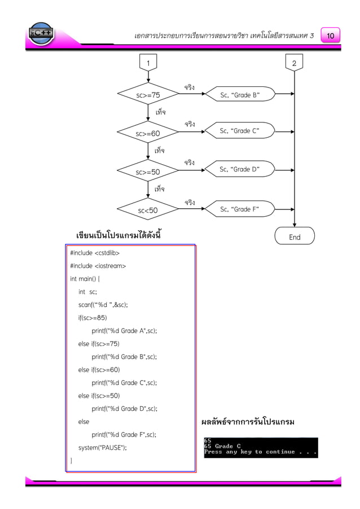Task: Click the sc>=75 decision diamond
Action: [148, 95]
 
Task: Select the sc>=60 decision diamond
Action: [148, 133]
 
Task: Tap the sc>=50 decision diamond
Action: [148, 171]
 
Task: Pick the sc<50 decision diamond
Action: [148, 210]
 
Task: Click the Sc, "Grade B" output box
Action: [240, 95]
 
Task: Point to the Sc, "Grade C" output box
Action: [240, 131]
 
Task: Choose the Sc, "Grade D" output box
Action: [240, 169]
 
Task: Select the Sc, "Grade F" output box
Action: [240, 209]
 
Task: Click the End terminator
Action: [295, 237]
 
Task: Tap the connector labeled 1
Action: [148, 63]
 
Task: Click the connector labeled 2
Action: [295, 63]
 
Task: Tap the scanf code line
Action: [103, 305]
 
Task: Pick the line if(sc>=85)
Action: [93, 318]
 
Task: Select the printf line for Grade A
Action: [124, 331]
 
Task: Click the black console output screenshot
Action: [261, 447]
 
